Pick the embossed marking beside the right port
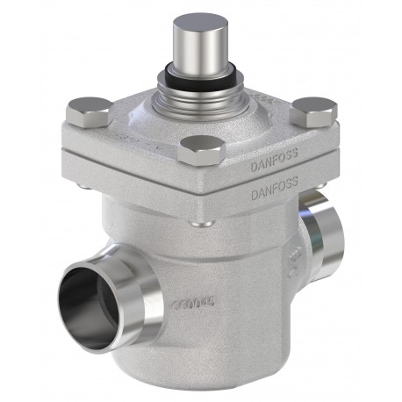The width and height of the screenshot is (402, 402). pyautogui.click(x=297, y=263)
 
